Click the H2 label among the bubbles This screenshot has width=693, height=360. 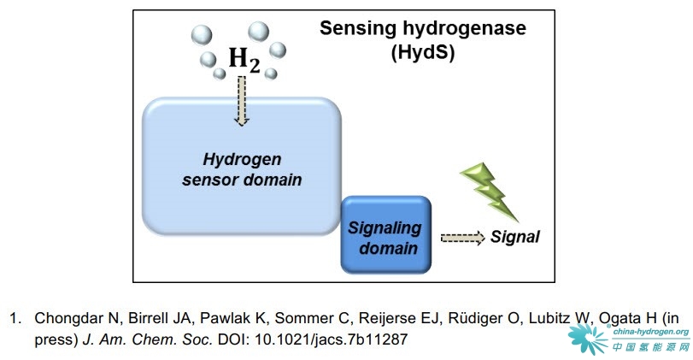244,59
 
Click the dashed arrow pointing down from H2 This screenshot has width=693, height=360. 241,101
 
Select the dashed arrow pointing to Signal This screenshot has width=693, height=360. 463,238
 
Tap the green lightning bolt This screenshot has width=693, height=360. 490,191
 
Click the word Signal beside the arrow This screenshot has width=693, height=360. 515,237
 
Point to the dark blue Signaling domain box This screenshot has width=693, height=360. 386,234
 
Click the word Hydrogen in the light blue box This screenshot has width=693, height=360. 242,159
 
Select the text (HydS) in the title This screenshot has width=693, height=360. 423,52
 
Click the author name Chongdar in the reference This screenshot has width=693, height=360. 73,318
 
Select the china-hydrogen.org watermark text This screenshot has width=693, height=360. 651,332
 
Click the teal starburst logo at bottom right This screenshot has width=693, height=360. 587,339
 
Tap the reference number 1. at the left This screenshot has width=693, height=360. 16,318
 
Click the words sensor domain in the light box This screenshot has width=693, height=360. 242,180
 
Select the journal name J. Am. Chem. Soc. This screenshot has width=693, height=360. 147,339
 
